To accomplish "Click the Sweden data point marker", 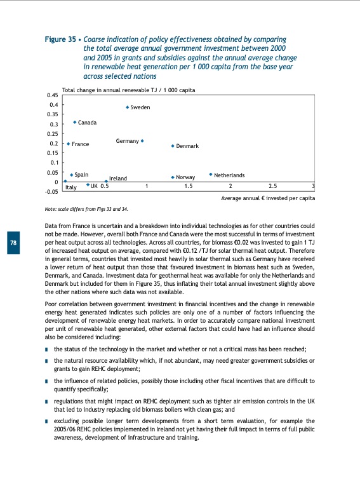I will click(127, 107).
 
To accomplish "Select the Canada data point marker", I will click(75, 122).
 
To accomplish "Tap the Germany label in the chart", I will click(127, 140).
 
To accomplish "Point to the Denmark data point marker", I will click(173, 146).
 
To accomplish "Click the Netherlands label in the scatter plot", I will click(229, 175).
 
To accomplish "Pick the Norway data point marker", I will click(173, 177).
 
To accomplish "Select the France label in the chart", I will click(80, 144).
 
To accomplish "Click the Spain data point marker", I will click(72, 174).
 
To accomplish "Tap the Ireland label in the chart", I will click(118, 179).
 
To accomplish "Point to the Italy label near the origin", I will click(71, 187).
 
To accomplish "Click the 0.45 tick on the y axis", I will click(53, 95).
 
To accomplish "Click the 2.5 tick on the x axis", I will click(273, 186).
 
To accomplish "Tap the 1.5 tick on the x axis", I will click(189, 186).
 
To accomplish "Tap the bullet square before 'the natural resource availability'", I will click(48, 361).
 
